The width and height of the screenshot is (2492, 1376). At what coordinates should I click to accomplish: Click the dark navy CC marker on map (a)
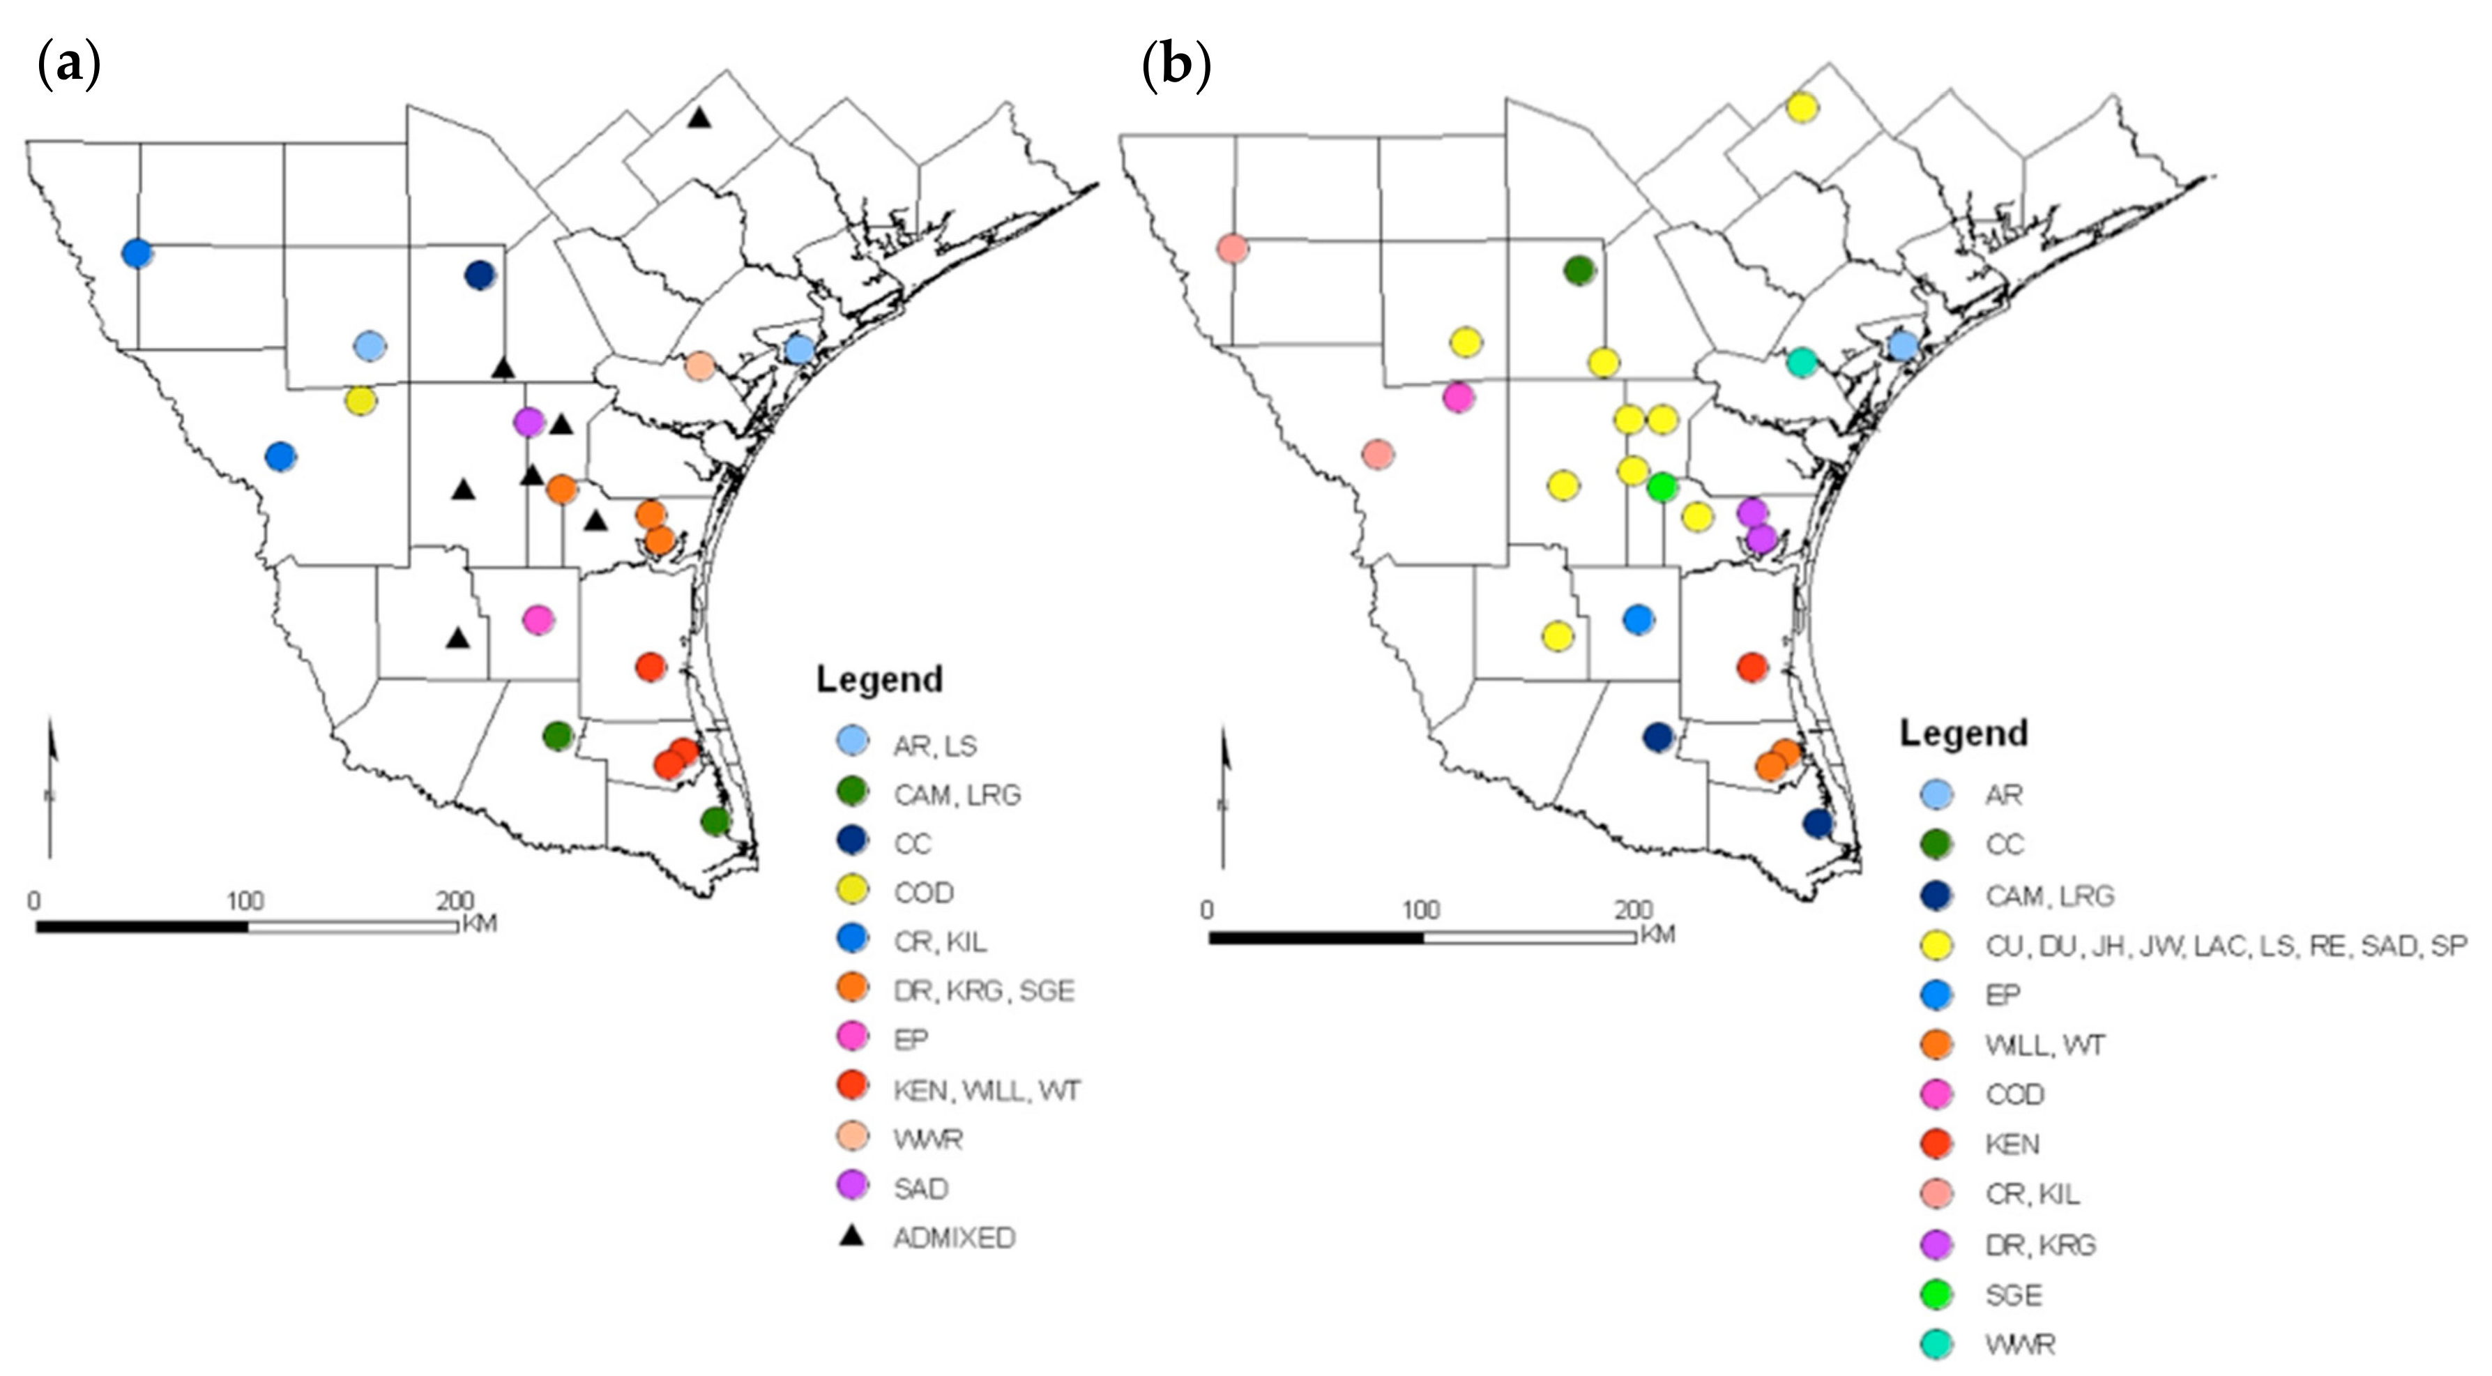pos(480,275)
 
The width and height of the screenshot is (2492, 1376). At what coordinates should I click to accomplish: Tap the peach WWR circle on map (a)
pos(699,365)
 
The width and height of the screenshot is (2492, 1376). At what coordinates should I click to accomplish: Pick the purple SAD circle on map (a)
pos(529,422)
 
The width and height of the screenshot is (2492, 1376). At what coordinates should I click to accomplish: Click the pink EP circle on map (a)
pos(538,619)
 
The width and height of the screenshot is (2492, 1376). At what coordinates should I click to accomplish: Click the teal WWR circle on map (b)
pos(1801,362)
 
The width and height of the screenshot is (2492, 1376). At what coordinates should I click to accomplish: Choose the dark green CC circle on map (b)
pos(1579,271)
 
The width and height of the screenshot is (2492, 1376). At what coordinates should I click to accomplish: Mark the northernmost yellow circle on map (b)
pos(1802,107)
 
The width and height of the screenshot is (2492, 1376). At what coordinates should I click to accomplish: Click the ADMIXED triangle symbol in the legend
pos(851,1236)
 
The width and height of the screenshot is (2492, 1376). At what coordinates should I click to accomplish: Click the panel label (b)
pos(1176,66)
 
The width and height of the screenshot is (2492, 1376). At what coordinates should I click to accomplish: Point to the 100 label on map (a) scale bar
pos(245,902)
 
